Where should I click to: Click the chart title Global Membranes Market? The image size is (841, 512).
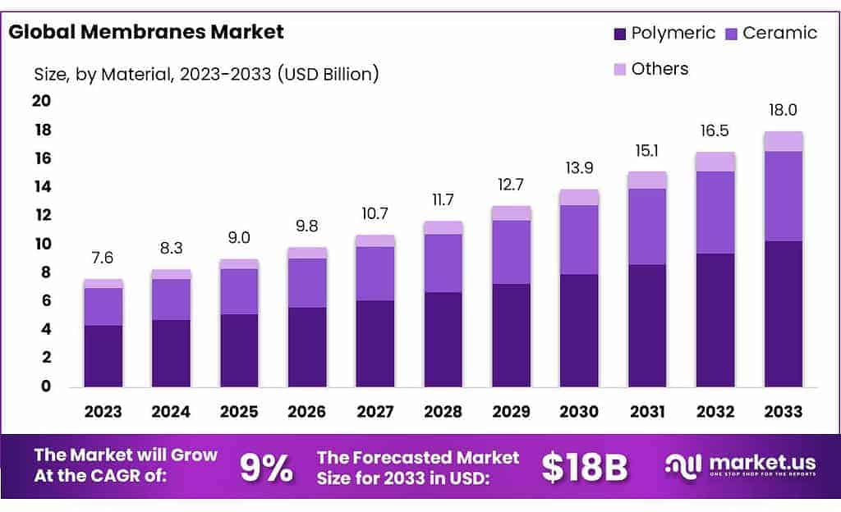pyautogui.click(x=145, y=33)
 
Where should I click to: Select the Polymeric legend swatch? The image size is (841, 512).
pyautogui.click(x=620, y=34)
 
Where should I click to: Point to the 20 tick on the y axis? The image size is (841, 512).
pyautogui.click(x=41, y=101)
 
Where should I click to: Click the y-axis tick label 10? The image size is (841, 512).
pyautogui.click(x=41, y=244)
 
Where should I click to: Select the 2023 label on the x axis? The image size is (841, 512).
pyautogui.click(x=103, y=412)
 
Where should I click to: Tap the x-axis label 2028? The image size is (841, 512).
pyautogui.click(x=443, y=412)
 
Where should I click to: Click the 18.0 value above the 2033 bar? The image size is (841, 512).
pyautogui.click(x=783, y=111)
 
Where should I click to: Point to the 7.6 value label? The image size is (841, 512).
pyautogui.click(x=103, y=258)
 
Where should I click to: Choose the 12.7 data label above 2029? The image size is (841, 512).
pyautogui.click(x=512, y=185)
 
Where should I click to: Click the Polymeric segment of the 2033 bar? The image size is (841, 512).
pyautogui.click(x=783, y=313)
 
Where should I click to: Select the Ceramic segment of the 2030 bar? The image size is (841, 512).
pyautogui.click(x=579, y=240)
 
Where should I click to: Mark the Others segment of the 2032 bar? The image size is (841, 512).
pyautogui.click(x=715, y=162)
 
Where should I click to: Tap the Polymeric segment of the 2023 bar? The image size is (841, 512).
pyautogui.click(x=103, y=356)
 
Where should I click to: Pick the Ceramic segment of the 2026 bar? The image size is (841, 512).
pyautogui.click(x=307, y=283)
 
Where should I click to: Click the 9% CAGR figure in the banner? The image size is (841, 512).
pyautogui.click(x=265, y=467)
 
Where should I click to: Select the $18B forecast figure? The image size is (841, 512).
pyautogui.click(x=584, y=467)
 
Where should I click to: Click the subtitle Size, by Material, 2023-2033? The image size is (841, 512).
pyautogui.click(x=205, y=74)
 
